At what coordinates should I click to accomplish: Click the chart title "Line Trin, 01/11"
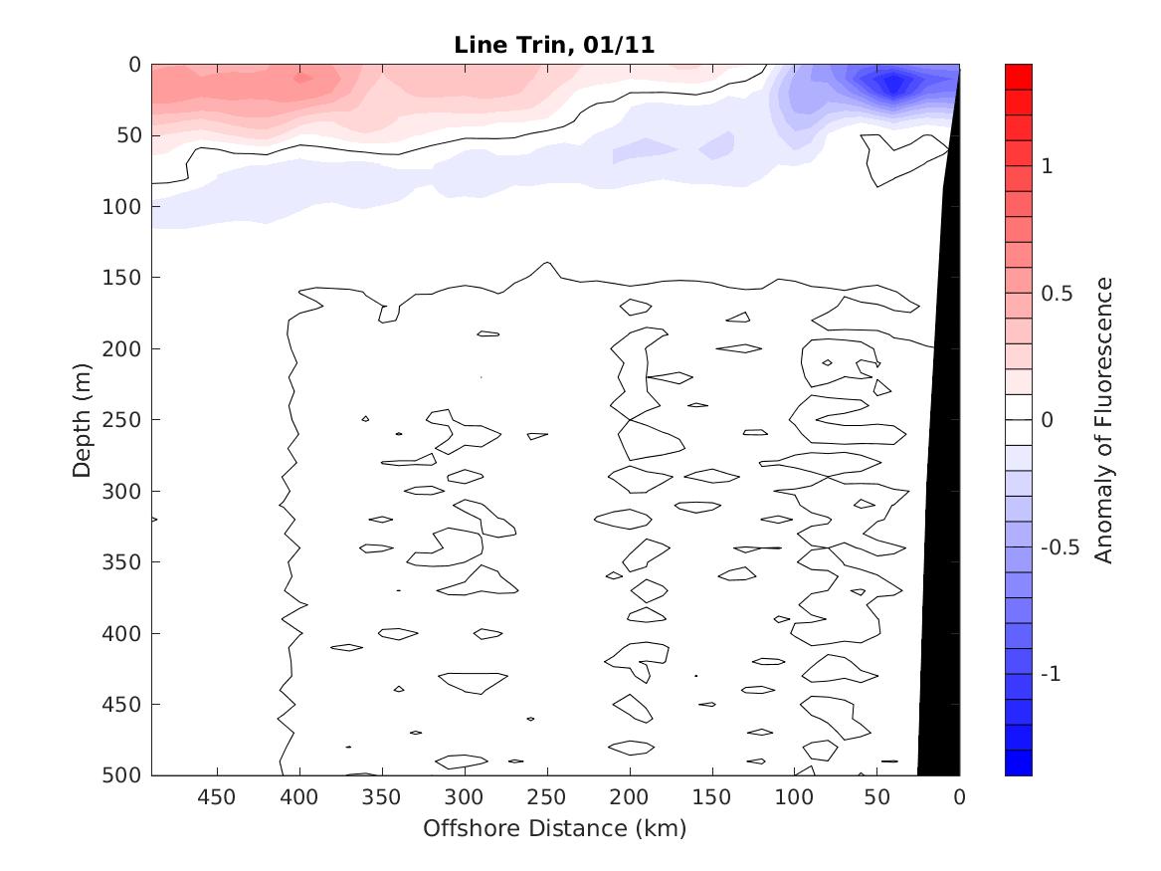[555, 45]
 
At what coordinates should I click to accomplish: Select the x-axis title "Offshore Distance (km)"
[555, 828]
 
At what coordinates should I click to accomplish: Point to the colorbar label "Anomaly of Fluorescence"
[1102, 419]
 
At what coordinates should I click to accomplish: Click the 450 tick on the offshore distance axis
[217, 797]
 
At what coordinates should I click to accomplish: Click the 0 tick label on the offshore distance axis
[959, 797]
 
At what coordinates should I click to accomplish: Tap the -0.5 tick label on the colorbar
[1059, 547]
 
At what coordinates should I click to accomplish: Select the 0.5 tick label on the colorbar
[1057, 294]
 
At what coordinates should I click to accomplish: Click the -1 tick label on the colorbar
[1051, 675]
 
